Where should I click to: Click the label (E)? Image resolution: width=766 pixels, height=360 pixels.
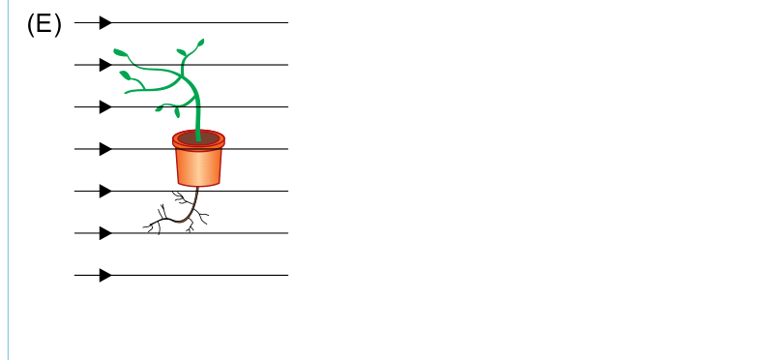click(x=44, y=24)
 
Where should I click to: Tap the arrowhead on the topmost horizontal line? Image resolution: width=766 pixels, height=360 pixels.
click(x=105, y=22)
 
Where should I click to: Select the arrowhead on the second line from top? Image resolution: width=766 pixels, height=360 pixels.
click(x=105, y=65)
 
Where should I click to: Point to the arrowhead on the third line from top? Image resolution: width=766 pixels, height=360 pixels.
click(x=105, y=106)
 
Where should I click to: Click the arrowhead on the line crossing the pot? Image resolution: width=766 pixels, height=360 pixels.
click(x=105, y=149)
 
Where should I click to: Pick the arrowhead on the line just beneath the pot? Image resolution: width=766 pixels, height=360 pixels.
click(x=105, y=191)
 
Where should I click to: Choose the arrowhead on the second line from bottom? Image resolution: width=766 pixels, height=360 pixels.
click(x=105, y=233)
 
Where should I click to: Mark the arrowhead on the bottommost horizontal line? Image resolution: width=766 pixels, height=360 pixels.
click(x=105, y=275)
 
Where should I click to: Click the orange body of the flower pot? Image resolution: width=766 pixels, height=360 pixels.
click(x=198, y=167)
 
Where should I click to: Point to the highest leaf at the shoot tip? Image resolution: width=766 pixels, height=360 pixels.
click(x=200, y=43)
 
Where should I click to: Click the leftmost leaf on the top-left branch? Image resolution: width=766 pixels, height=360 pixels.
click(x=120, y=52)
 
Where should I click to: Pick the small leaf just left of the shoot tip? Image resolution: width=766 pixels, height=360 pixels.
click(x=181, y=52)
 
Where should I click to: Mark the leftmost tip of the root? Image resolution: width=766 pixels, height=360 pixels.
click(x=143, y=227)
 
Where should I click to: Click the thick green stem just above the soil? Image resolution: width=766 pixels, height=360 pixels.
click(x=198, y=122)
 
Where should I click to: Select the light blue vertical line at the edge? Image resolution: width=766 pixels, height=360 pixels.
click(x=9, y=180)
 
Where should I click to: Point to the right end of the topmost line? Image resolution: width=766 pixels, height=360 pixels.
click(x=288, y=22)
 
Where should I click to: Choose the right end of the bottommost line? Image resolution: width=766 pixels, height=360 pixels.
click(x=288, y=275)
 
